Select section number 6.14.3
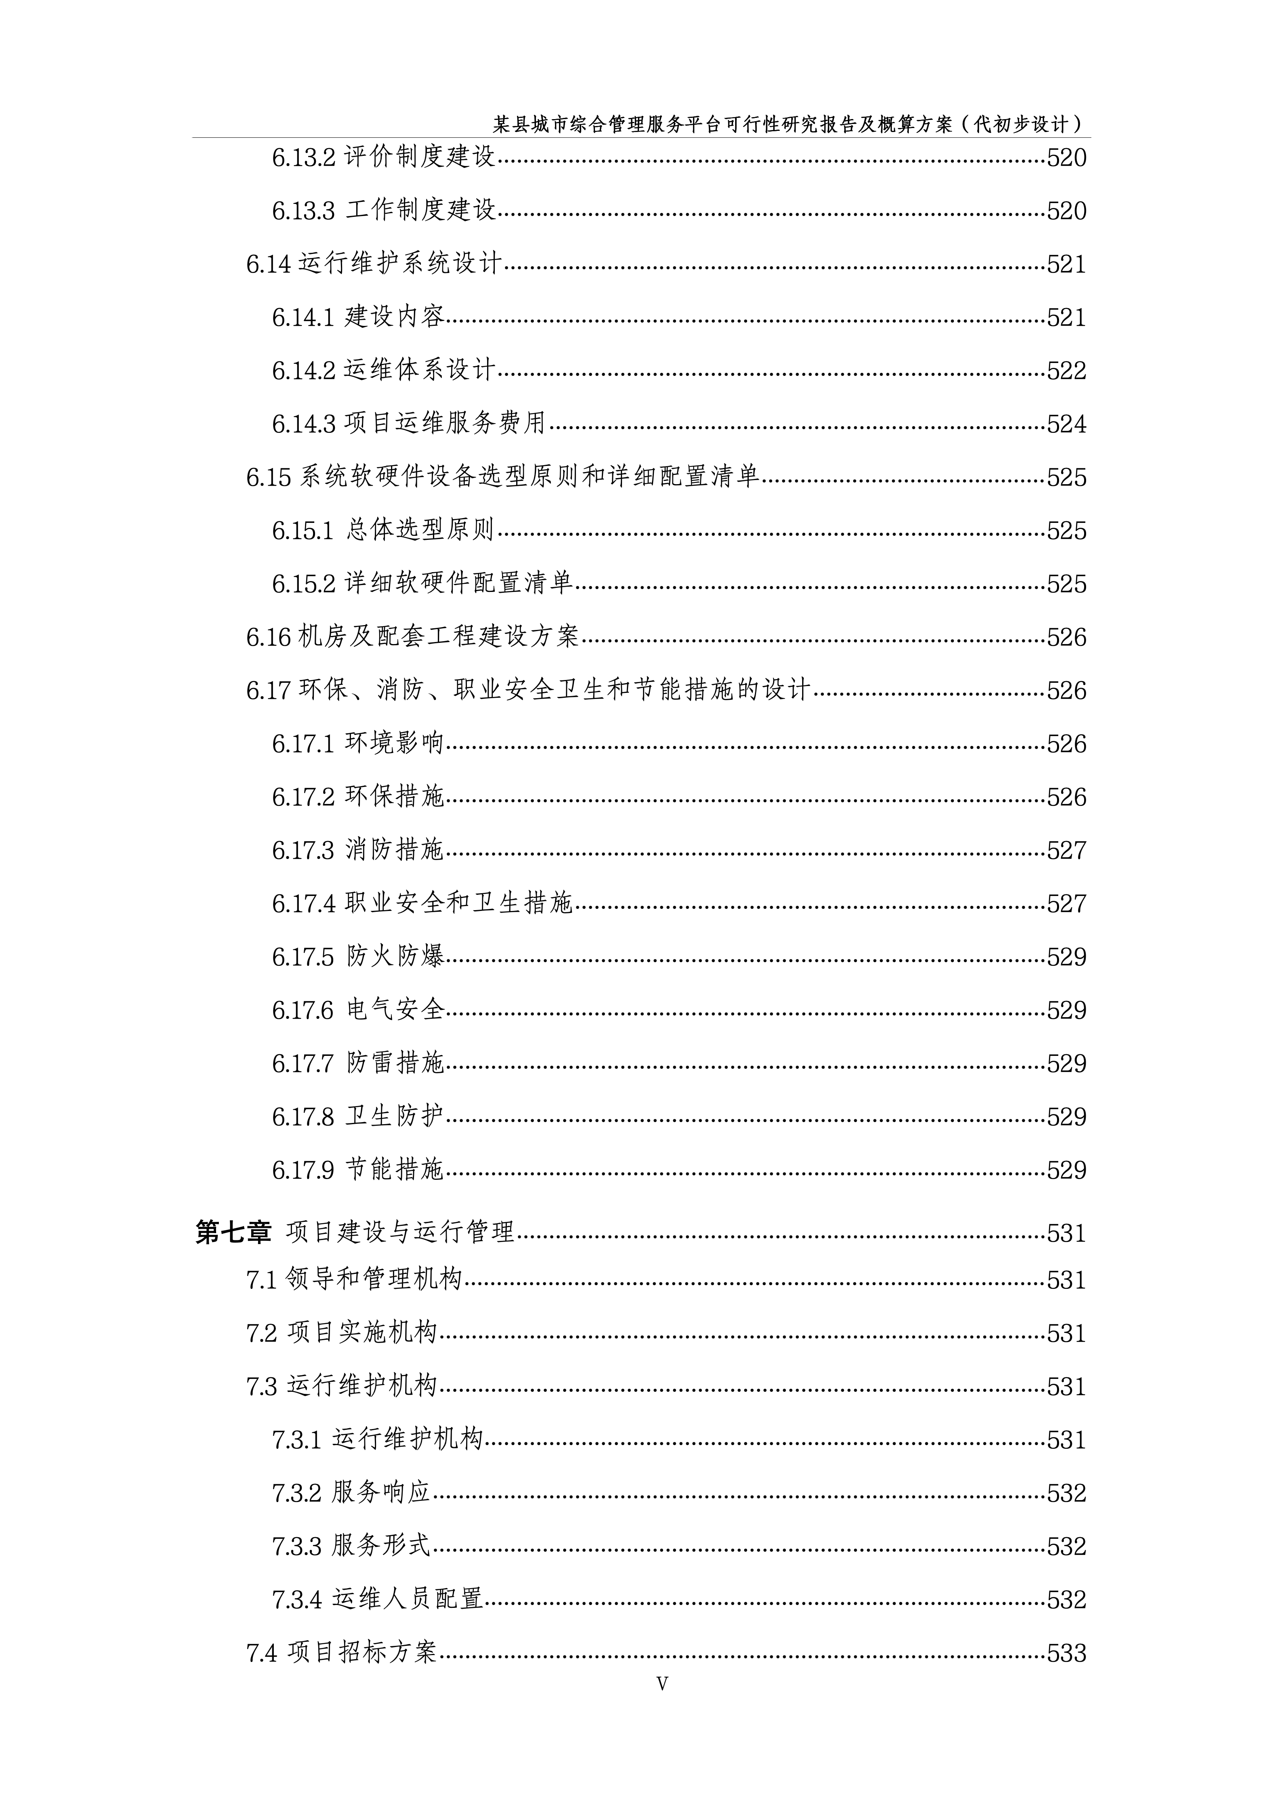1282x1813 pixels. [x=304, y=424]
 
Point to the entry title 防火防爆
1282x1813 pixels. [x=395, y=957]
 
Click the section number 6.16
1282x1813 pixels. [x=269, y=637]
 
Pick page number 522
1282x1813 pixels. [x=1066, y=371]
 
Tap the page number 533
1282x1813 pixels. [x=1066, y=1654]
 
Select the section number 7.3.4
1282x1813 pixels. [x=297, y=1600]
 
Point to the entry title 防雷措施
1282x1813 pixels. [x=395, y=1064]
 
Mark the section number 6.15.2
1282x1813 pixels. [x=304, y=584]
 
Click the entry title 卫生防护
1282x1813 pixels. [x=395, y=1116]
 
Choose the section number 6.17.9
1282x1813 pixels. [x=304, y=1170]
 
